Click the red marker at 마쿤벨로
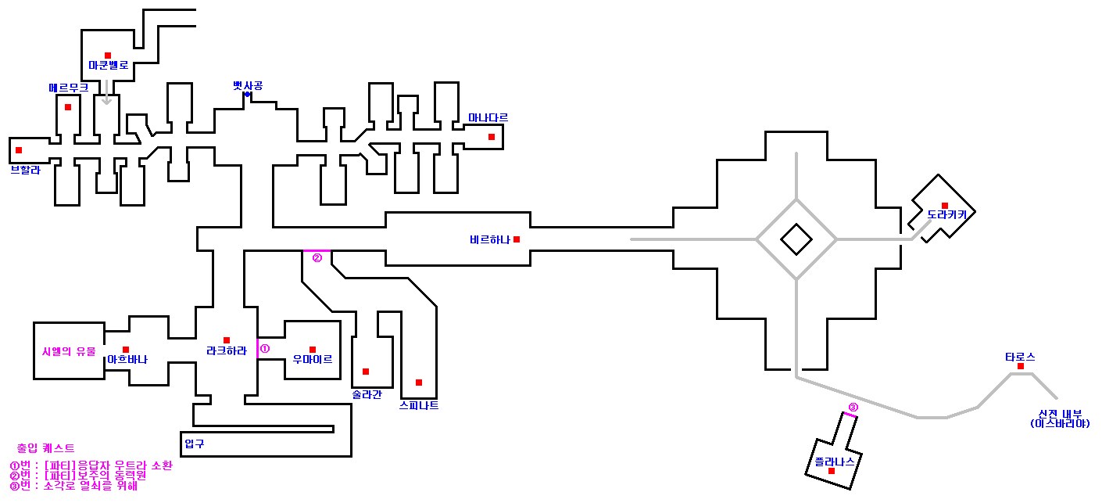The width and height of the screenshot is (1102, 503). (x=108, y=56)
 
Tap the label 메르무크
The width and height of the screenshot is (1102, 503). (x=68, y=88)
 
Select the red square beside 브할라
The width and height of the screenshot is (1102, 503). (x=19, y=150)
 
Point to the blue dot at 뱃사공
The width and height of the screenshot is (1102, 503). (x=247, y=95)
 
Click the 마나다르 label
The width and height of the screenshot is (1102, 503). (x=488, y=118)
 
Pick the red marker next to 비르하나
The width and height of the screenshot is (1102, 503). (x=516, y=239)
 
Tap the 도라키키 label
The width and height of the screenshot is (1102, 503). (x=946, y=214)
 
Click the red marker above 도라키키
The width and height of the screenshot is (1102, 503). (x=945, y=206)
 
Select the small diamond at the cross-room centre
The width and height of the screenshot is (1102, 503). (x=796, y=239)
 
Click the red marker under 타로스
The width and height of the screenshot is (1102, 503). (x=1020, y=366)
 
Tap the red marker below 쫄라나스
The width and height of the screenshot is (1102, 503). (x=832, y=471)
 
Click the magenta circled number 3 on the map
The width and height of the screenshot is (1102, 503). (x=853, y=407)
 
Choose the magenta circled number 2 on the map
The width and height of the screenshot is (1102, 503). (x=317, y=258)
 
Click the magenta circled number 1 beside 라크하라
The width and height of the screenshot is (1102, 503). (x=264, y=349)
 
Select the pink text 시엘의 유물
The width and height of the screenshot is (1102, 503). (x=68, y=352)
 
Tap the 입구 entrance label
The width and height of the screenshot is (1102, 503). (x=194, y=444)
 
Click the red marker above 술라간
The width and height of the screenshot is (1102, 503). (x=365, y=372)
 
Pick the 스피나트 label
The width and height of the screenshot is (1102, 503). (x=418, y=406)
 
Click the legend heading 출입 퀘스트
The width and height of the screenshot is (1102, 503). (x=45, y=449)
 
